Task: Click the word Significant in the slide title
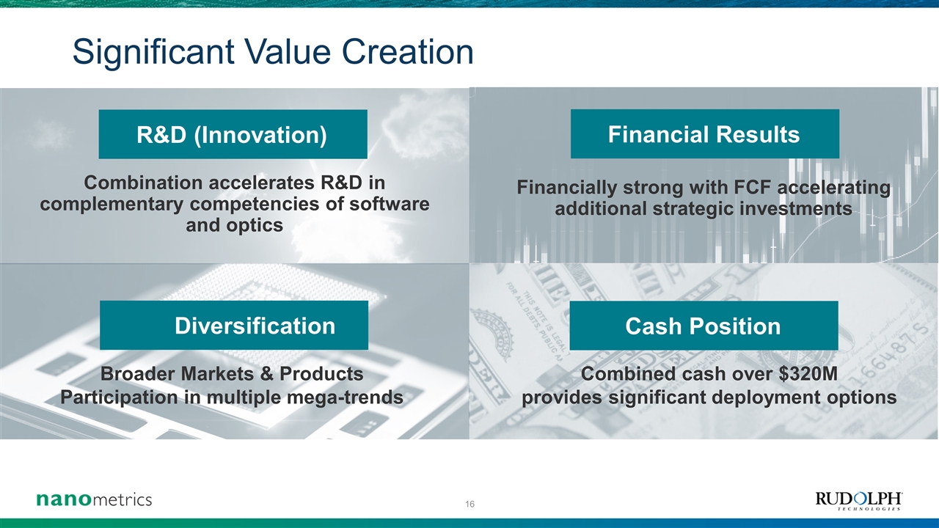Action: coord(153,52)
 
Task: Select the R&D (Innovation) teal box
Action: coord(233,134)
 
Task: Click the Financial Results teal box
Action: coord(705,134)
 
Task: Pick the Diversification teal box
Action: coord(234,325)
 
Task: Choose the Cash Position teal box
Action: coord(704,326)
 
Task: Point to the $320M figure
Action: coord(808,374)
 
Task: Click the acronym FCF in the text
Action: coord(753,187)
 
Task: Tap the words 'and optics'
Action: coord(234,225)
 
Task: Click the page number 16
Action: coord(469,504)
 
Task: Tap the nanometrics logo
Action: coord(95,499)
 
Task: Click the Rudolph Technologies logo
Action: coord(858,502)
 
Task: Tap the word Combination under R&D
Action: coord(143,183)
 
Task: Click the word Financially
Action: coord(567,188)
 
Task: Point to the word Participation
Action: coord(119,397)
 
